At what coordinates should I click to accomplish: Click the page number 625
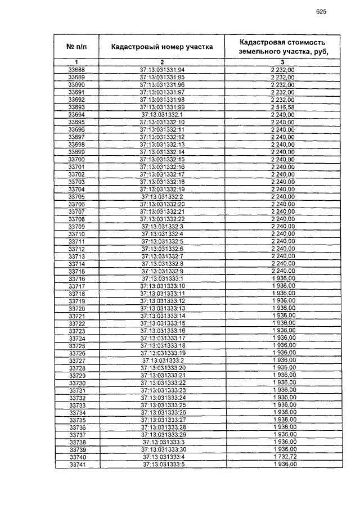pyautogui.click(x=321, y=11)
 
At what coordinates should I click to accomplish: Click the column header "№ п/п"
pyautogui.click(x=76, y=47)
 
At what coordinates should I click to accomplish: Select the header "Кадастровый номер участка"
pyautogui.click(x=162, y=47)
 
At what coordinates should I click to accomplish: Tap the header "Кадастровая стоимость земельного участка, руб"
pyautogui.click(x=282, y=47)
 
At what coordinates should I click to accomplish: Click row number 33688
pyautogui.click(x=76, y=69)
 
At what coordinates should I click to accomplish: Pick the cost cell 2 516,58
pyautogui.click(x=283, y=107)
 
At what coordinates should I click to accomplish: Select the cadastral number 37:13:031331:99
pyautogui.click(x=162, y=107)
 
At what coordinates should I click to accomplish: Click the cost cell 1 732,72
pyautogui.click(x=283, y=458)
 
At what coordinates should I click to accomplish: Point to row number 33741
pyautogui.click(x=76, y=465)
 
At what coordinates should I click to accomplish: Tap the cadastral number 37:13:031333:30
pyautogui.click(x=163, y=450)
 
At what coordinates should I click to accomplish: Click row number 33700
pyautogui.click(x=76, y=160)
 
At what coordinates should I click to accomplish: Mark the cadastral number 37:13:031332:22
pyautogui.click(x=162, y=219)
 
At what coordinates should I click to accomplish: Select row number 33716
pyautogui.click(x=76, y=279)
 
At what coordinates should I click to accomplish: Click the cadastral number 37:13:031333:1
pyautogui.click(x=163, y=279)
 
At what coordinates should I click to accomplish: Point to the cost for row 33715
pyautogui.click(x=283, y=271)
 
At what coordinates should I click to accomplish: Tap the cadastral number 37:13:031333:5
pyautogui.click(x=163, y=465)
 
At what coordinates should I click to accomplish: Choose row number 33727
pyautogui.click(x=76, y=361)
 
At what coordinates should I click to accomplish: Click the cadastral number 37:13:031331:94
pyautogui.click(x=162, y=69)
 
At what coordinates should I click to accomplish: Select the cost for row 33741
pyautogui.click(x=283, y=465)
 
